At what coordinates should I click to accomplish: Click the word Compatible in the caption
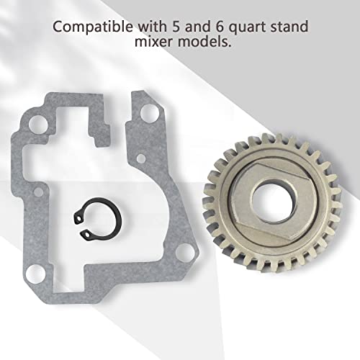[x=92, y=27]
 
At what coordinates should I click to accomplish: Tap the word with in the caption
[x=151, y=26]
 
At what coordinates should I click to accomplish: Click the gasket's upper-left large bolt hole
[x=37, y=125]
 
